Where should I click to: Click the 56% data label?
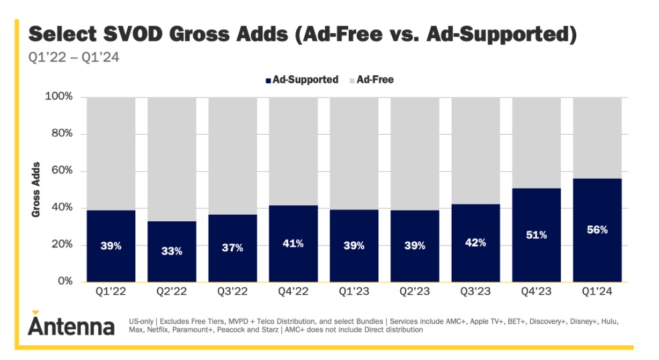click(597, 229)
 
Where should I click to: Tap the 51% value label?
click(536, 235)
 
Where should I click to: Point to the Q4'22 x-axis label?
click(293, 291)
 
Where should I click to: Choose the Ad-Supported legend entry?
click(301, 80)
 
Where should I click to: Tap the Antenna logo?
click(71, 325)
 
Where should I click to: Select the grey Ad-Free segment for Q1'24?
click(597, 137)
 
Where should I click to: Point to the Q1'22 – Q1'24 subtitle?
click(73, 57)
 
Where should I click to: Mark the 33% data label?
click(171, 251)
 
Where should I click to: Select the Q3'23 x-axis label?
click(476, 291)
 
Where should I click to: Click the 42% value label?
click(476, 243)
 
